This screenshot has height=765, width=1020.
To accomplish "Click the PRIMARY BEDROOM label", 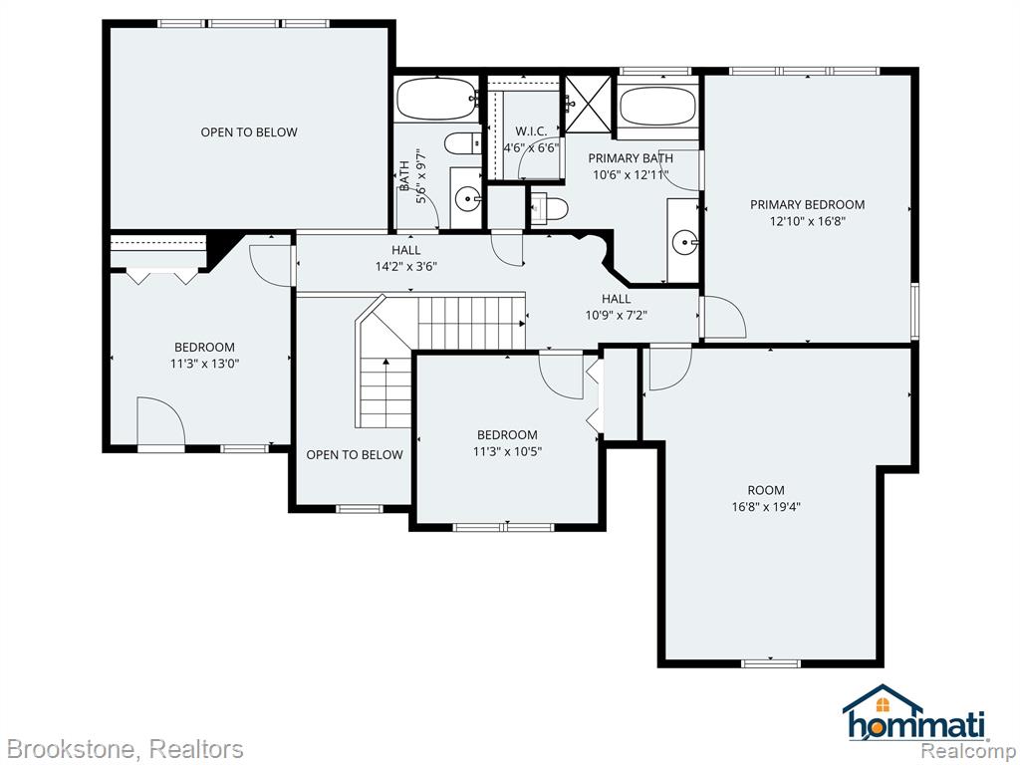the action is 807,204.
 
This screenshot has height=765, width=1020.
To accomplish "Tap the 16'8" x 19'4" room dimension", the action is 766,507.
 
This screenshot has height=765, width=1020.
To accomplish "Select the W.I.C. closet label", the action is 531,131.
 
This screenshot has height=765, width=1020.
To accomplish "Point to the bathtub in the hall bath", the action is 437,99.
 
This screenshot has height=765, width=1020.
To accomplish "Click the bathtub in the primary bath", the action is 657,106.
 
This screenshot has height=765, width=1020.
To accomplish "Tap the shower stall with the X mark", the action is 588,104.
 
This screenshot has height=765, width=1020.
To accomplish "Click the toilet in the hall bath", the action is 462,143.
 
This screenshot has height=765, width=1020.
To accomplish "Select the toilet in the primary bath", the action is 550,208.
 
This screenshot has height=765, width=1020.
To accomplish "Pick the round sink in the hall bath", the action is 467,199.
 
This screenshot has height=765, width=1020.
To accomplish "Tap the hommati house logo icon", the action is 883,699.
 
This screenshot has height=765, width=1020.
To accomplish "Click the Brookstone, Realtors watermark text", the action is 126,749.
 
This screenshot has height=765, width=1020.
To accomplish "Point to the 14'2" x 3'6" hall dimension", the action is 406,266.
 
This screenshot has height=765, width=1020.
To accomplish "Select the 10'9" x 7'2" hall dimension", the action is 616,316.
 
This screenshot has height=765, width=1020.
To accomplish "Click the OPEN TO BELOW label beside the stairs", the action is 355,454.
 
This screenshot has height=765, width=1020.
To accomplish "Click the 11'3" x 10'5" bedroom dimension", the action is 507,451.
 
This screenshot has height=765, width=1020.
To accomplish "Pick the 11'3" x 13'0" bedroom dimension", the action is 205,364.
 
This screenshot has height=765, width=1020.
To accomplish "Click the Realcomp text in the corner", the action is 968,749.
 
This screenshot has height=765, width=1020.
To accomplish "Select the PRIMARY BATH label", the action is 631,158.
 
